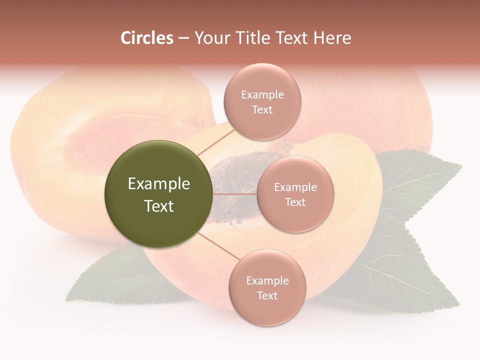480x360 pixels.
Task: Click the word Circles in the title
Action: click(x=146, y=38)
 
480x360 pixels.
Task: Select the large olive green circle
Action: click(x=158, y=194)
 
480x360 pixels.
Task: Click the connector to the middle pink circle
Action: click(x=234, y=194)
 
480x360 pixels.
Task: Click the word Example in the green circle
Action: click(x=159, y=184)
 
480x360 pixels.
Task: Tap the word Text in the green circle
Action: click(x=159, y=206)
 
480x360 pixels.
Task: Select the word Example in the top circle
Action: click(x=262, y=95)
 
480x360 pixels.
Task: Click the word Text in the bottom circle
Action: click(x=267, y=295)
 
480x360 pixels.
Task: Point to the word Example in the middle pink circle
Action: click(x=295, y=187)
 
